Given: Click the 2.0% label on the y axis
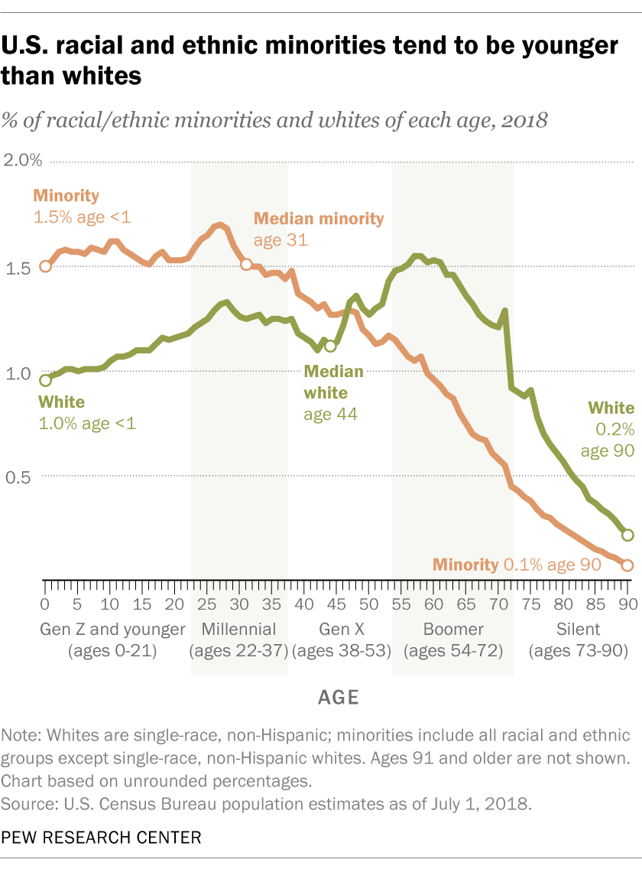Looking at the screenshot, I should (24, 161).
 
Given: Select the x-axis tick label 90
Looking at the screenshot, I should (627, 603).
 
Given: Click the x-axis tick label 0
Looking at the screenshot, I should (45, 603).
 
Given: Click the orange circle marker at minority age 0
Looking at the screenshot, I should (45, 266).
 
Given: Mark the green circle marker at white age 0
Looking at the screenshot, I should (45, 380).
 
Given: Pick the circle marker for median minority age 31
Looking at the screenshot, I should (246, 264).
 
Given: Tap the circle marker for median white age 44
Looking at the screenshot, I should (330, 346).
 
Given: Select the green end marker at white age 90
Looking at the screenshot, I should (627, 535).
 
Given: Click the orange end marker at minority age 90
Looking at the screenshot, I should (627, 565).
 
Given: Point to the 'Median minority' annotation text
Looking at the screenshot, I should (319, 219).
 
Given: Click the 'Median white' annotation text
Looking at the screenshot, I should (334, 382).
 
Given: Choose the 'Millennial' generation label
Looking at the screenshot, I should (239, 630).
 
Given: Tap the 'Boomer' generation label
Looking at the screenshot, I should (452, 630).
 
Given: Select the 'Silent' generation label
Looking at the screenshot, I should (578, 630).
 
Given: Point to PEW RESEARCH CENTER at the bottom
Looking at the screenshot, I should (102, 838).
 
